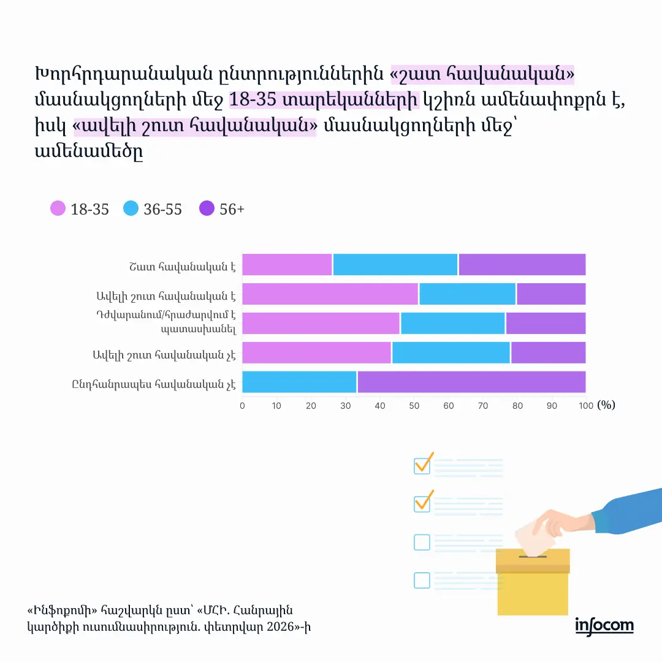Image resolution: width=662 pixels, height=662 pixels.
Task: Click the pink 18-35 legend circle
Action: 58,209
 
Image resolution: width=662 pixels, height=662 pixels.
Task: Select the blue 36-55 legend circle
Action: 131,209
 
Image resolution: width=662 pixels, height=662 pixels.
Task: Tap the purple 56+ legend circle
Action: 207,209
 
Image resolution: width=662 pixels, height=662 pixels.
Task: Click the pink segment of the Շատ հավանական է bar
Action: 287,264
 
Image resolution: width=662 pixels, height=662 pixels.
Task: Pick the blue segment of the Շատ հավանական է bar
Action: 395,264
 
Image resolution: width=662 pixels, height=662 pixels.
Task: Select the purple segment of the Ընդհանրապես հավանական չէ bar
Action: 471,382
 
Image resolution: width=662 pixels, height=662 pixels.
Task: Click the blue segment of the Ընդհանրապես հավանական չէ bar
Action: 299,382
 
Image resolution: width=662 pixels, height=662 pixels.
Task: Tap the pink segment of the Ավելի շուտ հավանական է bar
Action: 330,294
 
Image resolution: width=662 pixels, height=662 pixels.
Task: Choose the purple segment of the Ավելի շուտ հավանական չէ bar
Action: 548,352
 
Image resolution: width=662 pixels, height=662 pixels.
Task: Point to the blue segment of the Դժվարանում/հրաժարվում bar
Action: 452,323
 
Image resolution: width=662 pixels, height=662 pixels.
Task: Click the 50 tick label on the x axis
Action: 414,406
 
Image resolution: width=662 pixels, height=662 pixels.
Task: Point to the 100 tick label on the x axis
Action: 586,406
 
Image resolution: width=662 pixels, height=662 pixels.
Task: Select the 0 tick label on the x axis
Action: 242,406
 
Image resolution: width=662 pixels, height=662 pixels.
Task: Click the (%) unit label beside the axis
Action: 606,405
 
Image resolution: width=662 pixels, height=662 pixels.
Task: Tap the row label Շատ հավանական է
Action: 182,267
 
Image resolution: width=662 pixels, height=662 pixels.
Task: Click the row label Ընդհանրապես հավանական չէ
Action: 153,384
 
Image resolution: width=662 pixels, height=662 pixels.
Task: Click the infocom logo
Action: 604,625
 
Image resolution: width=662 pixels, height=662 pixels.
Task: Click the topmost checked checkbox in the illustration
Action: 422,465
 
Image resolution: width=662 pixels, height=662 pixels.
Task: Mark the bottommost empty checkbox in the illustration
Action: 422,580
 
